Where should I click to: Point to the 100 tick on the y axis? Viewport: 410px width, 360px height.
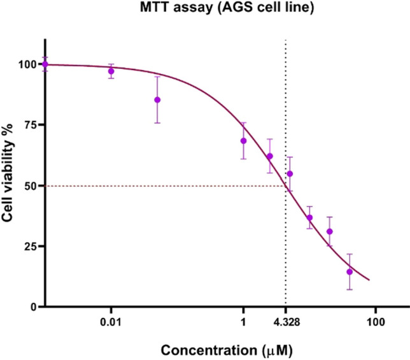pos(27,64)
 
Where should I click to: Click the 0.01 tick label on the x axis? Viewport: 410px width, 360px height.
pos(111,323)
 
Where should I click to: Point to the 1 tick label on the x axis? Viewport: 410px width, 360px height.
pos(243,323)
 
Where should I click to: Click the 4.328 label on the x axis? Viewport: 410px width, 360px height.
pos(285,323)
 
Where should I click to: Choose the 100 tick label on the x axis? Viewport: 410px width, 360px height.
pos(375,323)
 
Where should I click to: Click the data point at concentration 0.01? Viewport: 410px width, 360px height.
pos(111,71)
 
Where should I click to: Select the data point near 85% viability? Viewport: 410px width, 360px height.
pos(157,100)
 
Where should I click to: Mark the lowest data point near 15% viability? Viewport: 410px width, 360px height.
pos(350,271)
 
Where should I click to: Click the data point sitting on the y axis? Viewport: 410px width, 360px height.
pos(45,64)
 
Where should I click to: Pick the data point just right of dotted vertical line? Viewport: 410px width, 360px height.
pos(290,174)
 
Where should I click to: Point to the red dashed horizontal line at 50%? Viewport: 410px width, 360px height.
pos(159,186)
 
